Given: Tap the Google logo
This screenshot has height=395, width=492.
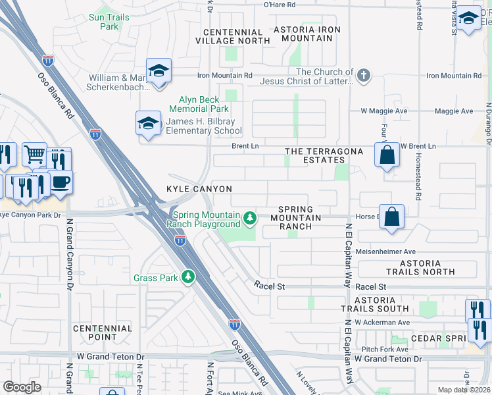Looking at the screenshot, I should coord(22,387).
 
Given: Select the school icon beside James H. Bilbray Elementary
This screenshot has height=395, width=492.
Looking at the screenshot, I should coord(149,123).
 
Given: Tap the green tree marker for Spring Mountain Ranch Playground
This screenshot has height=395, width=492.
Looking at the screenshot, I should coord(249,217).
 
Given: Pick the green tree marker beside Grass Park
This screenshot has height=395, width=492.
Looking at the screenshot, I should coord(188,277).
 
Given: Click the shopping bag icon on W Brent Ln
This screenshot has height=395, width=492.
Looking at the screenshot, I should coord(387,156).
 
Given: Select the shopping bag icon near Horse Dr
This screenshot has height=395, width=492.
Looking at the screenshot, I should coord(391,217).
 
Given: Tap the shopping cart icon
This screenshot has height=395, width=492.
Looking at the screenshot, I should coord(34,155).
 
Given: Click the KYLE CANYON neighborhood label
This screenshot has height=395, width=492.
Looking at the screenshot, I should coord(199,189).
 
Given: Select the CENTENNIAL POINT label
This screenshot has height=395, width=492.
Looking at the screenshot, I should coord(104,332).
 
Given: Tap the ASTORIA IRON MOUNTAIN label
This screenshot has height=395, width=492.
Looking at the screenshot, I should coord(307,34).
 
